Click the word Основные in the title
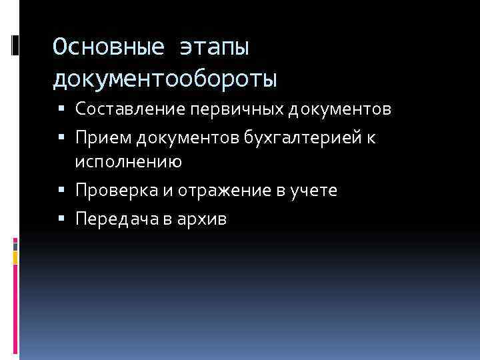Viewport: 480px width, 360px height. pyautogui.click(x=107, y=48)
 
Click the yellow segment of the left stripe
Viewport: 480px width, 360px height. pyautogui.click(x=15, y=256)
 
